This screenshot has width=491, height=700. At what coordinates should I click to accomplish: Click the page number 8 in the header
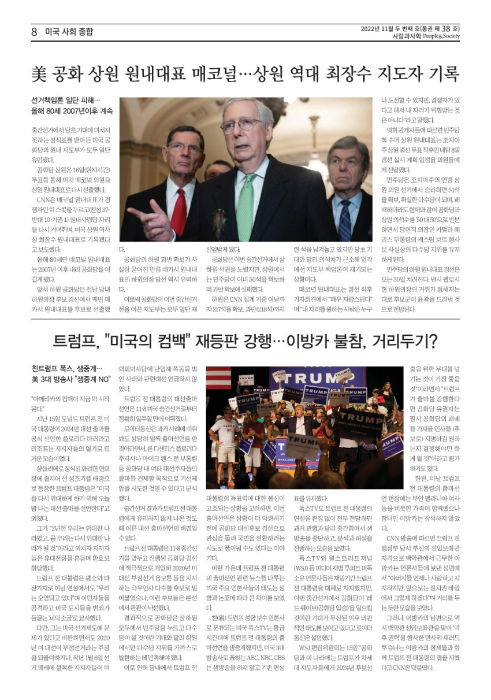(x=35, y=32)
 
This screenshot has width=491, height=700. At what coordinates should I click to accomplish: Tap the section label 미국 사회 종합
(x=69, y=32)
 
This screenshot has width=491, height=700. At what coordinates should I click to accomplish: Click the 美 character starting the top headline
(x=39, y=75)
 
